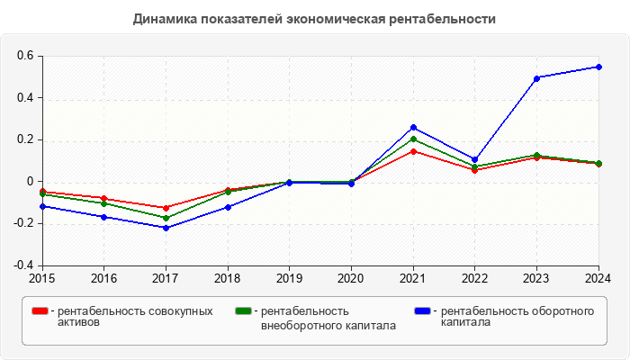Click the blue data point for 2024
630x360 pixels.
pos(598,67)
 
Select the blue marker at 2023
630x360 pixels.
pos(536,78)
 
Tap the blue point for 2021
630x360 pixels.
pos(413,128)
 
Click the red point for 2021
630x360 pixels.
pos(413,151)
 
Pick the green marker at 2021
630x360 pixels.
pos(413,139)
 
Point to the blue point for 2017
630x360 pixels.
pos(166,228)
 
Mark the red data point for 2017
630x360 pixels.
pos(166,208)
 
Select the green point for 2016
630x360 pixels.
pos(104,203)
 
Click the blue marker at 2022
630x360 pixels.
pos(475,159)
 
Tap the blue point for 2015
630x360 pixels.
pos(42,206)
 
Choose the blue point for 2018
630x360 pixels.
pos(228,207)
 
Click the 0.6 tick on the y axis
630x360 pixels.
pos(24,56)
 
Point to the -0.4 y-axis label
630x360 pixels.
pos(22,265)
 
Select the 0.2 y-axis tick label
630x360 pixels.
pos(24,139)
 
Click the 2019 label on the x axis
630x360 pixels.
pos(289,278)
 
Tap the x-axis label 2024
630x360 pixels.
pos(598,278)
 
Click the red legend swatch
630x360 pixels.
pos(40,311)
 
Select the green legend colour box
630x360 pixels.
pos(243,311)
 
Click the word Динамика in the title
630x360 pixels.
pos(164,19)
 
